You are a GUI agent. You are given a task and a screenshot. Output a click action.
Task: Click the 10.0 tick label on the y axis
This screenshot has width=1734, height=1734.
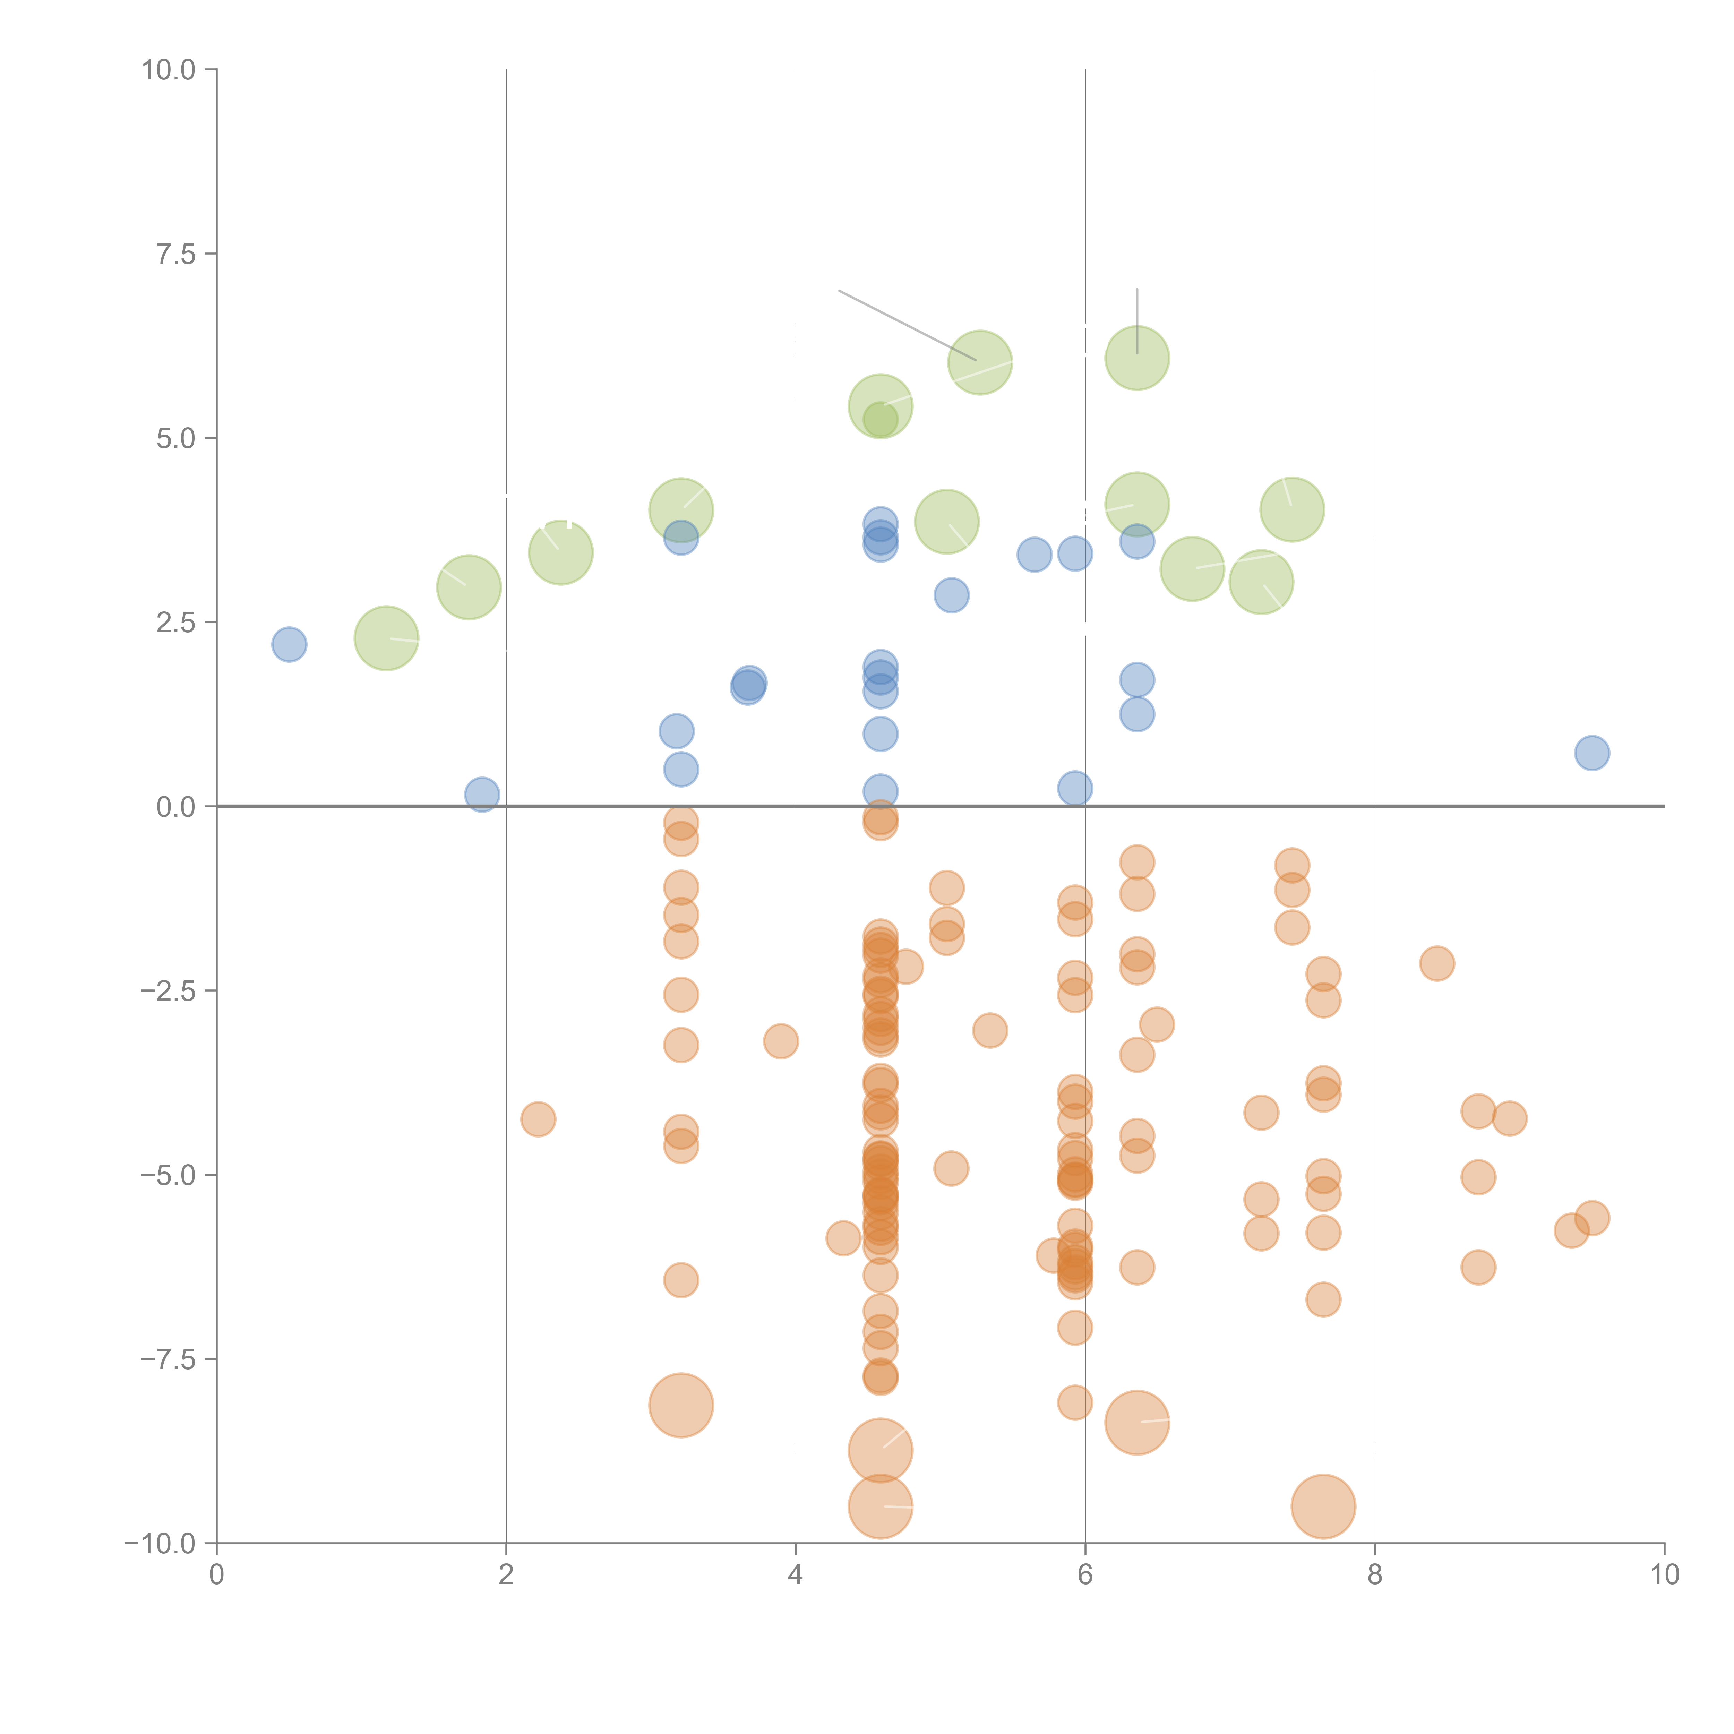169,70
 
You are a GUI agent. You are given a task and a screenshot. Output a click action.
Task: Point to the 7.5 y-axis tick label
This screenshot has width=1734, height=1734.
176,254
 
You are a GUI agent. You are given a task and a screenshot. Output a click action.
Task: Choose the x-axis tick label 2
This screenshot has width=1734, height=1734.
506,1575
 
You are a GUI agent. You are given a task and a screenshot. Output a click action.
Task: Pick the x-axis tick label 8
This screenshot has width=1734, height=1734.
1375,1575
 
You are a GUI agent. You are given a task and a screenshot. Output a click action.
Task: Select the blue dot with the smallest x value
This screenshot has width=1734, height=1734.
289,644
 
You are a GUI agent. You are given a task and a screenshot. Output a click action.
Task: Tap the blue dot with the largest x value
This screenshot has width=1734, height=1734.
1591,753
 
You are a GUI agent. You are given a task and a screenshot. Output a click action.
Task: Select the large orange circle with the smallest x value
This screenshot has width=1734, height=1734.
681,1406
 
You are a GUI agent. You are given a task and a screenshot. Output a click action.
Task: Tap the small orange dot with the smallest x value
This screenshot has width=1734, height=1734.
538,1119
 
